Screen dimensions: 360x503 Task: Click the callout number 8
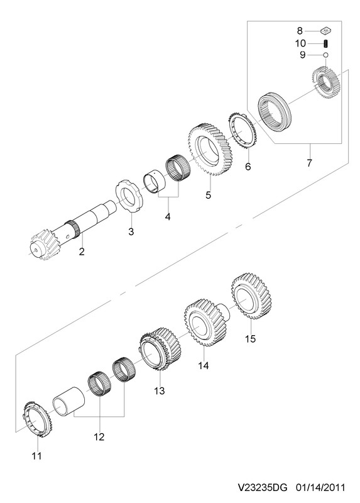(x=300, y=31)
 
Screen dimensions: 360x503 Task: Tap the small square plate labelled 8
(x=326, y=31)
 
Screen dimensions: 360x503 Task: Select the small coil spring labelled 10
(x=325, y=43)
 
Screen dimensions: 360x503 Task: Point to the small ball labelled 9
(x=325, y=55)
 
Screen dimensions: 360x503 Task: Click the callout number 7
(x=309, y=163)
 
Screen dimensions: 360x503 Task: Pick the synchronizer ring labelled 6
(x=243, y=130)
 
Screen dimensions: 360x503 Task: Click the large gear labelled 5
(x=212, y=149)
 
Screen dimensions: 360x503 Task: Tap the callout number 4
(x=168, y=216)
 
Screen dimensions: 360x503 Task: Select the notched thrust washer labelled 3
(x=131, y=196)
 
